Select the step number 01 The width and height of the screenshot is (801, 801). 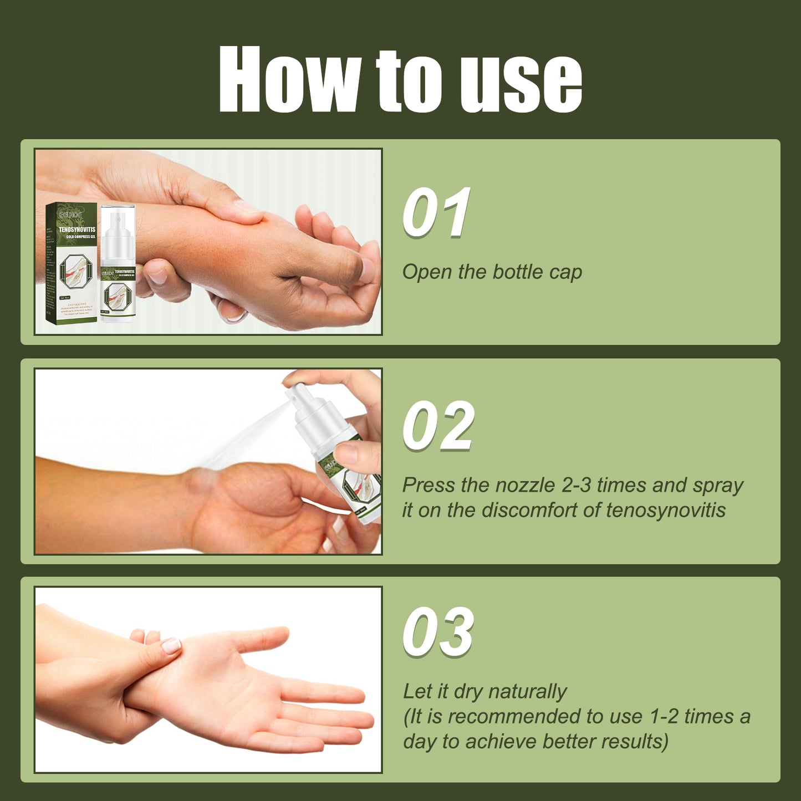436,213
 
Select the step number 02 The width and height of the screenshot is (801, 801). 438,426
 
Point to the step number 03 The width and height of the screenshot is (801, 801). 438,632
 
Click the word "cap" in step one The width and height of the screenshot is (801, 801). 565,273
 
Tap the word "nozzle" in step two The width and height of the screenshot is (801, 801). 526,485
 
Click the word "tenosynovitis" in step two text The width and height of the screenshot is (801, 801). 665,510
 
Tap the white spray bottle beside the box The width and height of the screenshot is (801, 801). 118,266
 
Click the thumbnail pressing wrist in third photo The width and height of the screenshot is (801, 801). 171,645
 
